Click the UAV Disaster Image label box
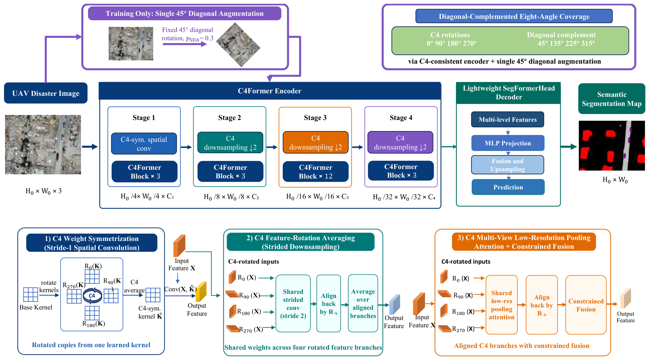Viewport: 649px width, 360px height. [x=45, y=93]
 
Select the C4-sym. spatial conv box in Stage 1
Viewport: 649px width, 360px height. [x=144, y=144]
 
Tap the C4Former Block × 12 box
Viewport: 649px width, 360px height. [x=315, y=171]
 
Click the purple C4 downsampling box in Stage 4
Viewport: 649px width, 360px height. [x=400, y=142]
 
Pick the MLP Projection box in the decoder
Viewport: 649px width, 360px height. [x=508, y=143]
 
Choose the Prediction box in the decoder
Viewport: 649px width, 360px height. [x=508, y=187]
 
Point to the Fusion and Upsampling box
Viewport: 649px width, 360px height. [x=507, y=165]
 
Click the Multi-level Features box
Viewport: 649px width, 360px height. [x=507, y=120]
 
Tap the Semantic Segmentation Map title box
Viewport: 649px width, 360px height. [x=612, y=99]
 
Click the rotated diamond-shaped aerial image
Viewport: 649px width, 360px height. [x=238, y=45]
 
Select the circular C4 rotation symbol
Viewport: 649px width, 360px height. [x=92, y=295]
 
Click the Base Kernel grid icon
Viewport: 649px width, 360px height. [x=30, y=294]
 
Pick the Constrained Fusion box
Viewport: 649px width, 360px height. [x=586, y=305]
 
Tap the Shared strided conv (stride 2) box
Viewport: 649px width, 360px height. [x=293, y=303]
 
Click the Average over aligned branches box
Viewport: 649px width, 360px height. [x=363, y=303]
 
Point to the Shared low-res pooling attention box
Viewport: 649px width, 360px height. [x=501, y=305]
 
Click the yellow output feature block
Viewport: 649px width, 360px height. [x=201, y=292]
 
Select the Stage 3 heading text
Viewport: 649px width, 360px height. [x=315, y=118]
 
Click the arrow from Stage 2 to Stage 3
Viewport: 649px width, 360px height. [x=272, y=147]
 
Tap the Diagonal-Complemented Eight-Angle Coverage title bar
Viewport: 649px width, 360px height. [x=514, y=16]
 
